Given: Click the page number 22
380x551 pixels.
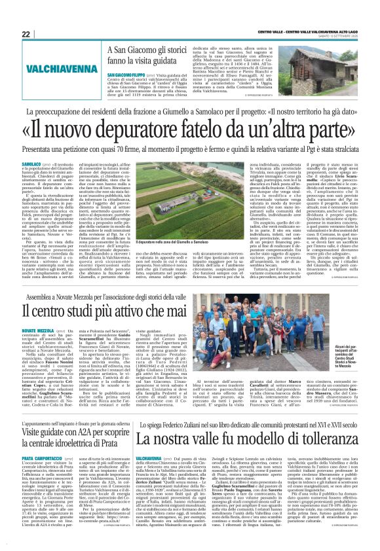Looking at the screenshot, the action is (x=26, y=33).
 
